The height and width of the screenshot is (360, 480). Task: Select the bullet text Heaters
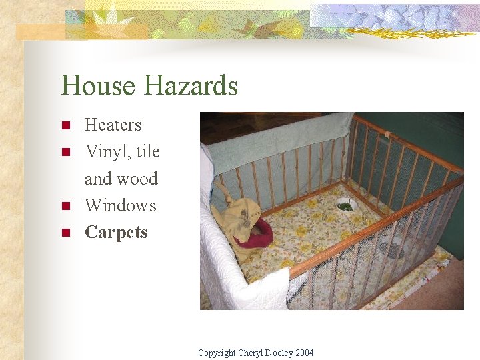(113, 125)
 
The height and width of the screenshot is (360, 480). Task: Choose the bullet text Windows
(121, 205)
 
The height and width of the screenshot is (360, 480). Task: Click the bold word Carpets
(116, 233)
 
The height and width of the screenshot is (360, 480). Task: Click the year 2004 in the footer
(303, 353)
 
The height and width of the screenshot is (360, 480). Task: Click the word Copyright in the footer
(217, 353)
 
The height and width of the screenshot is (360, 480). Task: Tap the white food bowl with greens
(345, 205)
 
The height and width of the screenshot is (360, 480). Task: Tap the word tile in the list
(147, 152)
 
